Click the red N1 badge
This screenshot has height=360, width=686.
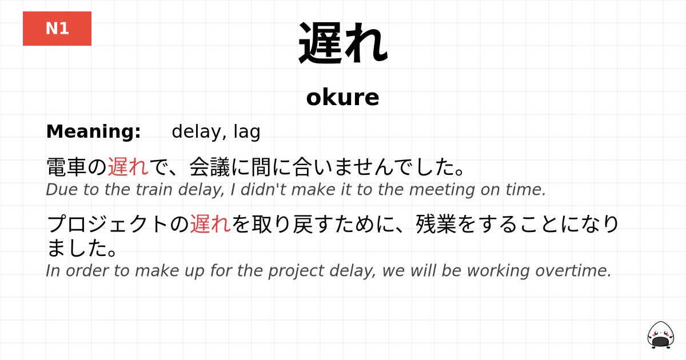57,29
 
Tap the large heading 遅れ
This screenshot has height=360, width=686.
343,44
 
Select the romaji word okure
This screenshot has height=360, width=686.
342,97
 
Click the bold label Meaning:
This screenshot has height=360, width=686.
93,131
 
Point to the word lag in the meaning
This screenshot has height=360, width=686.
247,132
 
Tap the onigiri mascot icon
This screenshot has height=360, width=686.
660,334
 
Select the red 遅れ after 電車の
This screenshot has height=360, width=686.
128,167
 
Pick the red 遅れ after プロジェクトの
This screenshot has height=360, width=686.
210,224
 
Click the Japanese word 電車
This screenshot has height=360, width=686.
66,167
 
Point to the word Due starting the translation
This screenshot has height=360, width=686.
58,190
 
